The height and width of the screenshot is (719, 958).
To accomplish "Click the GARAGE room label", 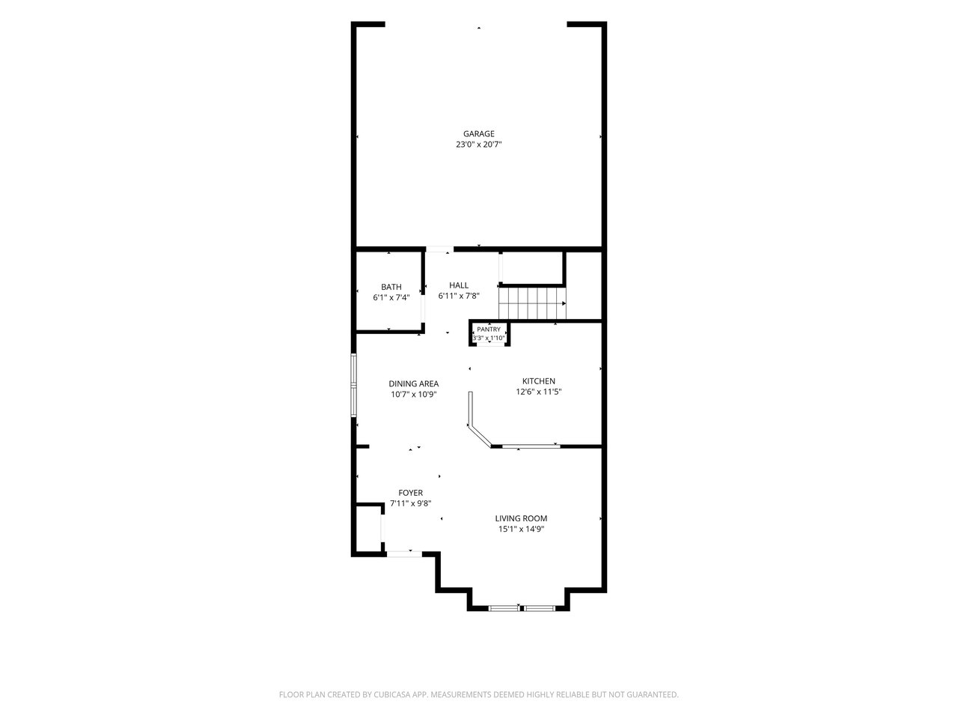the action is tap(478, 133).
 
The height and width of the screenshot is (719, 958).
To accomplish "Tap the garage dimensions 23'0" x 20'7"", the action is tap(478, 145).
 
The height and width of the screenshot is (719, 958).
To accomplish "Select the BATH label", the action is tap(391, 287).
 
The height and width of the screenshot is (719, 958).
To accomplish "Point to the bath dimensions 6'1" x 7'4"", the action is tap(391, 298).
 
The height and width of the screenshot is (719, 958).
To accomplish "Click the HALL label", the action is tap(459, 285).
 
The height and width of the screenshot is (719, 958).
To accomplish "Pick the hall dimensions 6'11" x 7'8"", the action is tap(459, 296).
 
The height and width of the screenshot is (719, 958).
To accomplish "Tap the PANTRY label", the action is tap(489, 330).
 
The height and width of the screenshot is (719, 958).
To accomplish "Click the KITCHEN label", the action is tap(539, 381).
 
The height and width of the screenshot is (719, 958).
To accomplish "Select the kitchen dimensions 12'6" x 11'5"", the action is tap(539, 392).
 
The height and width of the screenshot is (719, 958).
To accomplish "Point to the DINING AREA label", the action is tap(413, 383).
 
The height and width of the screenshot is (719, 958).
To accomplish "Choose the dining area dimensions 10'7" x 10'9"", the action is tap(413, 395).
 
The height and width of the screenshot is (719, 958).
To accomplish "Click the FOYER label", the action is tap(410, 493).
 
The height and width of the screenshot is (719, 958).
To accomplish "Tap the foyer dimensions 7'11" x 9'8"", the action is tap(410, 504).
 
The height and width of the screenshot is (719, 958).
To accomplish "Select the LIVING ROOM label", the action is tap(521, 518).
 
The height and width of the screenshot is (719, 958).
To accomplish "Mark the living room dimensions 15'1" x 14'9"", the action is tap(521, 530).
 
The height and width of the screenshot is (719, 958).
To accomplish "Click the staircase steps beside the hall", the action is tap(532, 303).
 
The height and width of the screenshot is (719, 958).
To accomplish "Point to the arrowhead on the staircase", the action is tap(564, 303).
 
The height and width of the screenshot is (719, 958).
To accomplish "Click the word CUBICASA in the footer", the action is tap(392, 694).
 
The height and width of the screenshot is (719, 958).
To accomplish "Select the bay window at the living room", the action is tap(522, 607).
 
